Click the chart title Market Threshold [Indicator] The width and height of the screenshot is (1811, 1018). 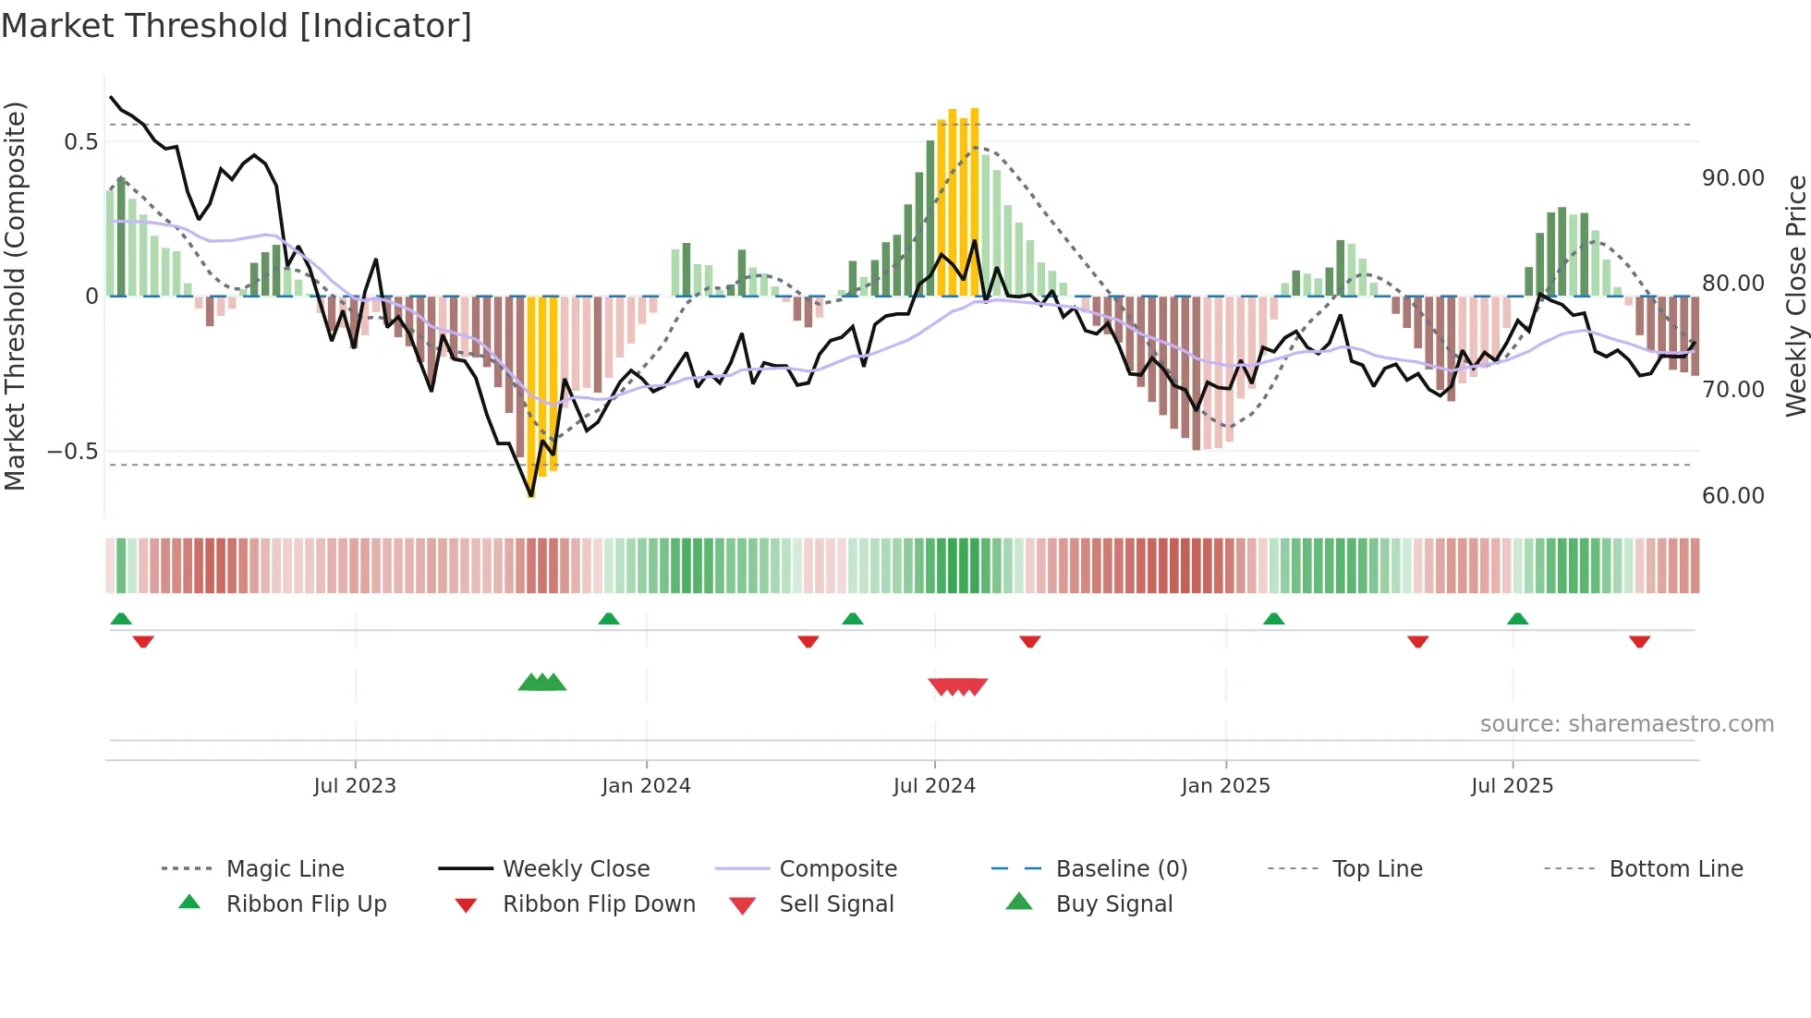point(237,26)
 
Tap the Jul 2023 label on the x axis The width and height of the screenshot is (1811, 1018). point(355,786)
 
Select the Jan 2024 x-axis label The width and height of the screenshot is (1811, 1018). point(646,786)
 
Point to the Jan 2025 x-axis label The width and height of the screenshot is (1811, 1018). point(1225,786)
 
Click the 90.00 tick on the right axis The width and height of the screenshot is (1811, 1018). point(1732,178)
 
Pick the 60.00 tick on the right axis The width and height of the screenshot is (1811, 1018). point(1732,496)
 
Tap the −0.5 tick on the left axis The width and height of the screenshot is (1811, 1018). point(73,452)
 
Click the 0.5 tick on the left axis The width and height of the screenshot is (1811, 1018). point(80,142)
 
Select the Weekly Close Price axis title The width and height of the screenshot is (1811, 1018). point(1795,296)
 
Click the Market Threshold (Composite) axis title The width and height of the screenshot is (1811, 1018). point(15,296)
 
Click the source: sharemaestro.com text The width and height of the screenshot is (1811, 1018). point(1626,724)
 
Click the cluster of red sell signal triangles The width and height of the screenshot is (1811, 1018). point(958,686)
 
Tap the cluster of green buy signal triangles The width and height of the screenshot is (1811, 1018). point(542,683)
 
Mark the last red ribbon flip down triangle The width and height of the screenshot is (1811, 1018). point(1639,641)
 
